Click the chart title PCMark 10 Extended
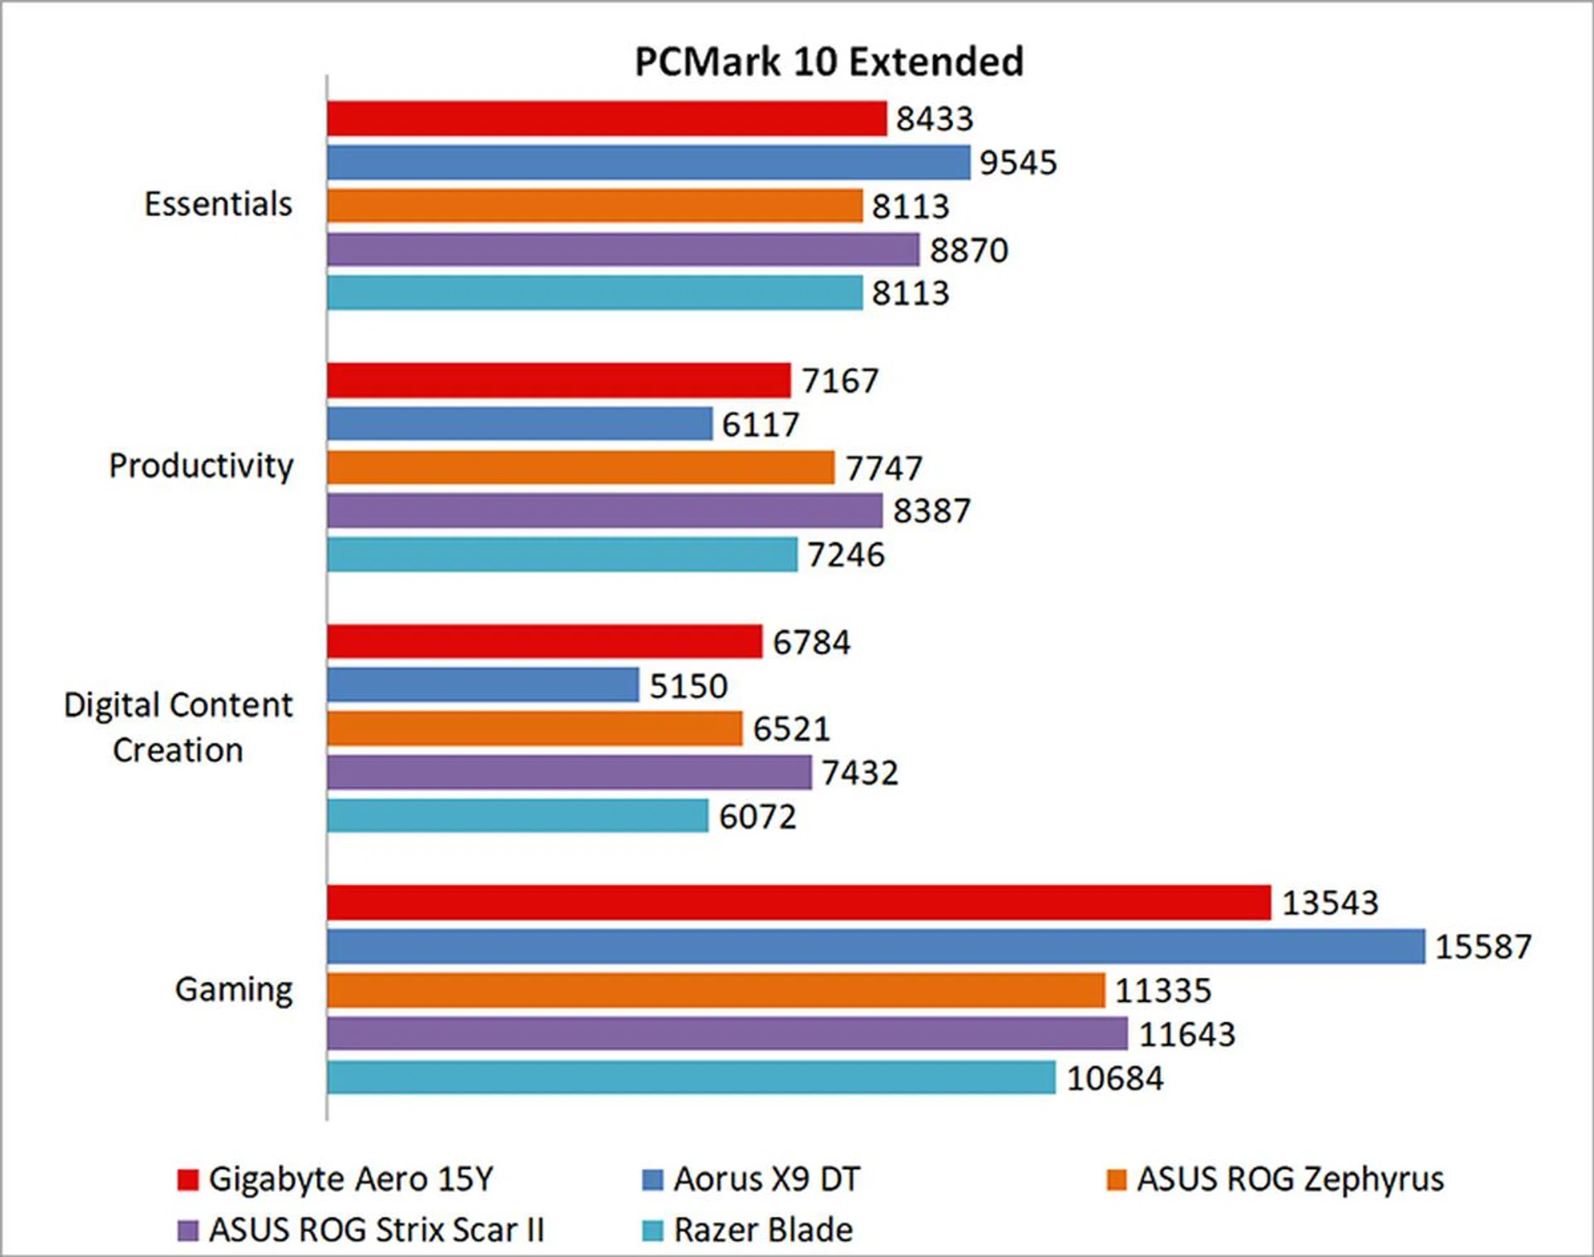[x=829, y=62]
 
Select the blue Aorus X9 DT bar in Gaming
[x=876, y=946]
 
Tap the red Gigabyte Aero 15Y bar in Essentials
[x=606, y=119]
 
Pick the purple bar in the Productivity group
[x=604, y=511]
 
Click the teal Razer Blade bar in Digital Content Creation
[x=517, y=816]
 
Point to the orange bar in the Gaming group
[x=716, y=990]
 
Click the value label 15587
[x=1483, y=946]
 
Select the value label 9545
[x=1018, y=163]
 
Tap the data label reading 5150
[x=688, y=686]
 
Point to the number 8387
[x=931, y=511]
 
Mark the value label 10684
[x=1114, y=1078]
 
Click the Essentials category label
[x=218, y=204]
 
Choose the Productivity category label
[x=201, y=466]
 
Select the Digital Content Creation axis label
[x=178, y=727]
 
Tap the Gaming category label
[x=233, y=990]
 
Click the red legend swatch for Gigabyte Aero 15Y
[x=188, y=1180]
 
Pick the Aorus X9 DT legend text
[x=766, y=1179]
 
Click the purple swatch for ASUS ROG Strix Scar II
[x=188, y=1230]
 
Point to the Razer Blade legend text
[x=763, y=1230]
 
